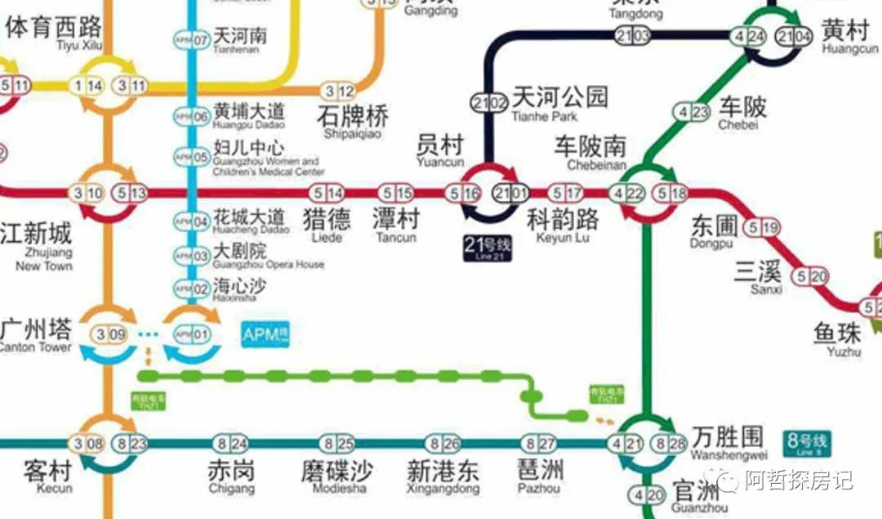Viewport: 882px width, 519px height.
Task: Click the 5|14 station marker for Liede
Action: [x=325, y=194]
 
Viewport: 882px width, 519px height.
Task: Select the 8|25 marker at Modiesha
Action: [x=340, y=445]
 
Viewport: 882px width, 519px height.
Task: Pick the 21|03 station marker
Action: [x=633, y=36]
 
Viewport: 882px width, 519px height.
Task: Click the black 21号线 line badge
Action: [x=487, y=248]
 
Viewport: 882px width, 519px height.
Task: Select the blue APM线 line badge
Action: [x=265, y=334]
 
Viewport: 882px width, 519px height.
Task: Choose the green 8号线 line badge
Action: [x=806, y=444]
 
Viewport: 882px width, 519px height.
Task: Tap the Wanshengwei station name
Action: [x=728, y=441]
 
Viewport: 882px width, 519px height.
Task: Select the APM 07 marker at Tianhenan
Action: [x=190, y=39]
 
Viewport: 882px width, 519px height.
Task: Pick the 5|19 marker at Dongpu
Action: [x=760, y=228]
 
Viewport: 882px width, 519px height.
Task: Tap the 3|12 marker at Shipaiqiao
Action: [x=339, y=92]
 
